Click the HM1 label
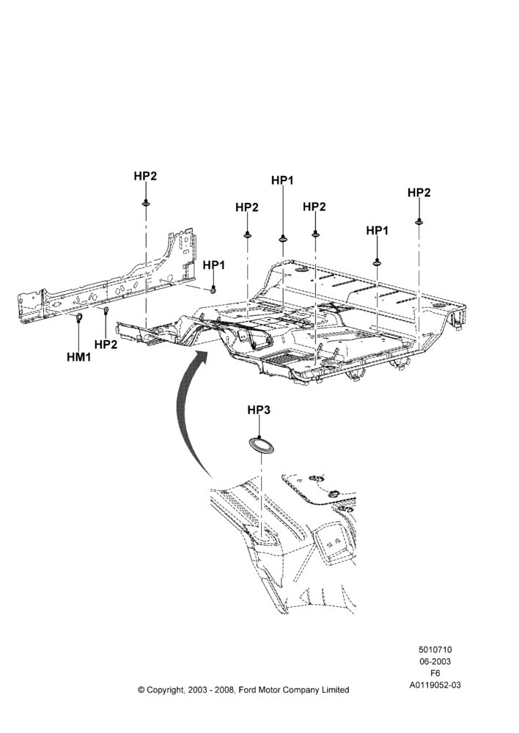(x=78, y=358)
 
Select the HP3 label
(x=259, y=410)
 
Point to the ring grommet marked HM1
(x=79, y=319)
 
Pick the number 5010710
(x=435, y=649)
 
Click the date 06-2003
(x=435, y=661)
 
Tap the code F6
(x=435, y=674)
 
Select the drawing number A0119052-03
(x=435, y=685)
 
